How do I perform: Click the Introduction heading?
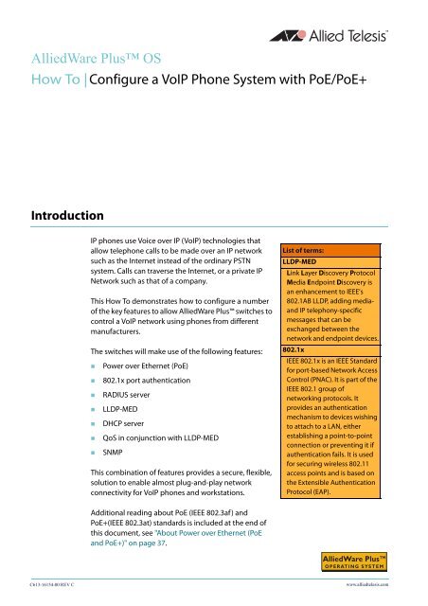pyautogui.click(x=65, y=201)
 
